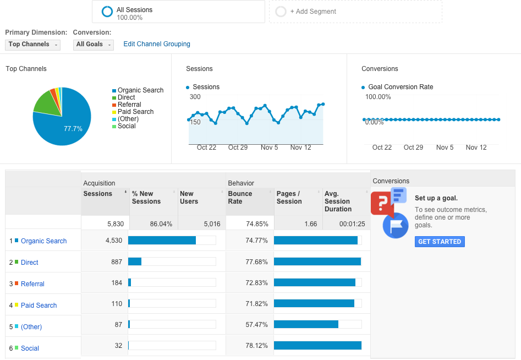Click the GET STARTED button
pyautogui.click(x=440, y=242)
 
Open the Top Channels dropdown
pyautogui.click(x=32, y=45)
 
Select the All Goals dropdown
pyautogui.click(x=93, y=45)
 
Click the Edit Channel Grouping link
pyautogui.click(x=157, y=44)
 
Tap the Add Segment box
pyautogui.click(x=355, y=12)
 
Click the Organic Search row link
pyautogui.click(x=43, y=241)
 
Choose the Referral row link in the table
pyautogui.click(x=32, y=284)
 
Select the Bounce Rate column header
pyautogui.click(x=240, y=198)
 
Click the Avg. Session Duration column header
pyautogui.click(x=338, y=201)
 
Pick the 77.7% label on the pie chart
pyautogui.click(x=73, y=129)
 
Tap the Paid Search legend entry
pyautogui.click(x=135, y=112)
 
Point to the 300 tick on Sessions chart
pyautogui.click(x=195, y=97)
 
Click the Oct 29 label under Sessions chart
pyautogui.click(x=238, y=148)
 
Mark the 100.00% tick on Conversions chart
pyautogui.click(x=378, y=97)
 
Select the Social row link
pyautogui.click(x=30, y=348)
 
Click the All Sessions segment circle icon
pyautogui.click(x=107, y=12)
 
